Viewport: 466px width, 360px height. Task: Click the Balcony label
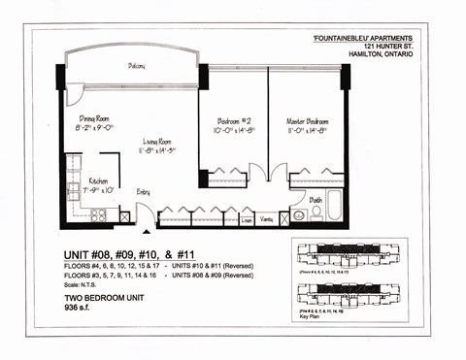click(136, 66)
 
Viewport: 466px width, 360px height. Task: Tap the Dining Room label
click(100, 117)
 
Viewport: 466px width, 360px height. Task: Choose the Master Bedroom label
click(305, 121)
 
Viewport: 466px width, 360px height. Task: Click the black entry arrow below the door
click(147, 231)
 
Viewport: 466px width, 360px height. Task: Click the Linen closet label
click(247, 220)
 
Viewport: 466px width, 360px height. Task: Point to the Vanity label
click(266, 220)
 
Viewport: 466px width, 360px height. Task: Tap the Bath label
click(316, 200)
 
